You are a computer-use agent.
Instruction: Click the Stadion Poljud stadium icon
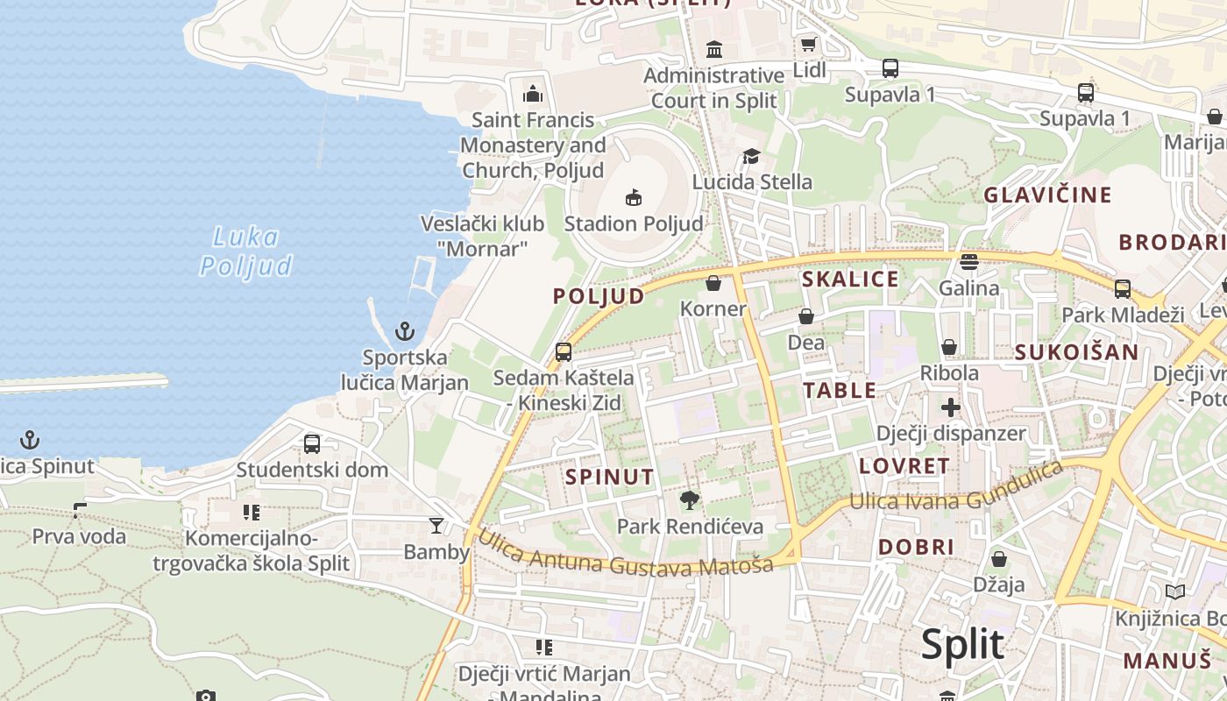point(634,197)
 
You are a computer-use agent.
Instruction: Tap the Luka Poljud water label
point(245,251)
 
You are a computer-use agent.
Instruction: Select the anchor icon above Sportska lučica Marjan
point(404,331)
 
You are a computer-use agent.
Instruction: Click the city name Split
point(962,644)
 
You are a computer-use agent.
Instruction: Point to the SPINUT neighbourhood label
point(610,477)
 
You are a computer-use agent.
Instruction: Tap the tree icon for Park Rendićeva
point(690,500)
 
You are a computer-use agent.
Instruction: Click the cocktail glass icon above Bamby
point(436,526)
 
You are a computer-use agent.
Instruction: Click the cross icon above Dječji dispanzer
point(951,407)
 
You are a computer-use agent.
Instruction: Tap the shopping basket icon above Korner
point(713,283)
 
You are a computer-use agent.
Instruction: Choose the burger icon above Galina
point(968,261)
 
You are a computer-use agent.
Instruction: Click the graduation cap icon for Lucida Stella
point(751,156)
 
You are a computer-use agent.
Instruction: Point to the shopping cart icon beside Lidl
point(808,44)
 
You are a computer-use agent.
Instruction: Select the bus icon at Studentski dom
point(312,443)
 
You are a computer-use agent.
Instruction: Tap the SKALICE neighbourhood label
point(850,279)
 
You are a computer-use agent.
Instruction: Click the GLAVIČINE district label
point(1047,195)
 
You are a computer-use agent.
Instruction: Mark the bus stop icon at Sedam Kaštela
point(564,351)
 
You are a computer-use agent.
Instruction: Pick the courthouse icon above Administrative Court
point(714,48)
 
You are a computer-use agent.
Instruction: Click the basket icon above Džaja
point(998,558)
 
